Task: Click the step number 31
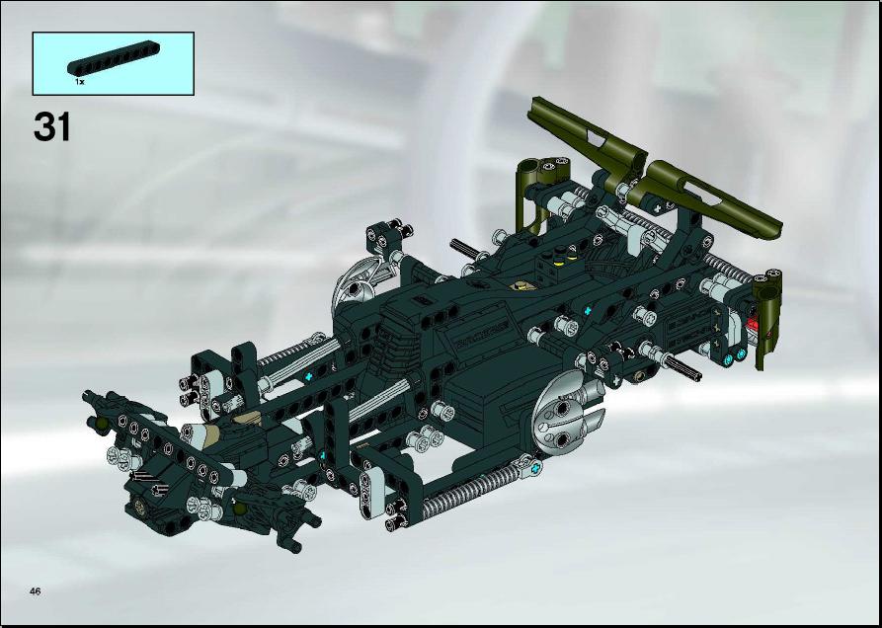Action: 52,126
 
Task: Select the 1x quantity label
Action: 79,82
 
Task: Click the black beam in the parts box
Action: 113,58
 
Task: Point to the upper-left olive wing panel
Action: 586,132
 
